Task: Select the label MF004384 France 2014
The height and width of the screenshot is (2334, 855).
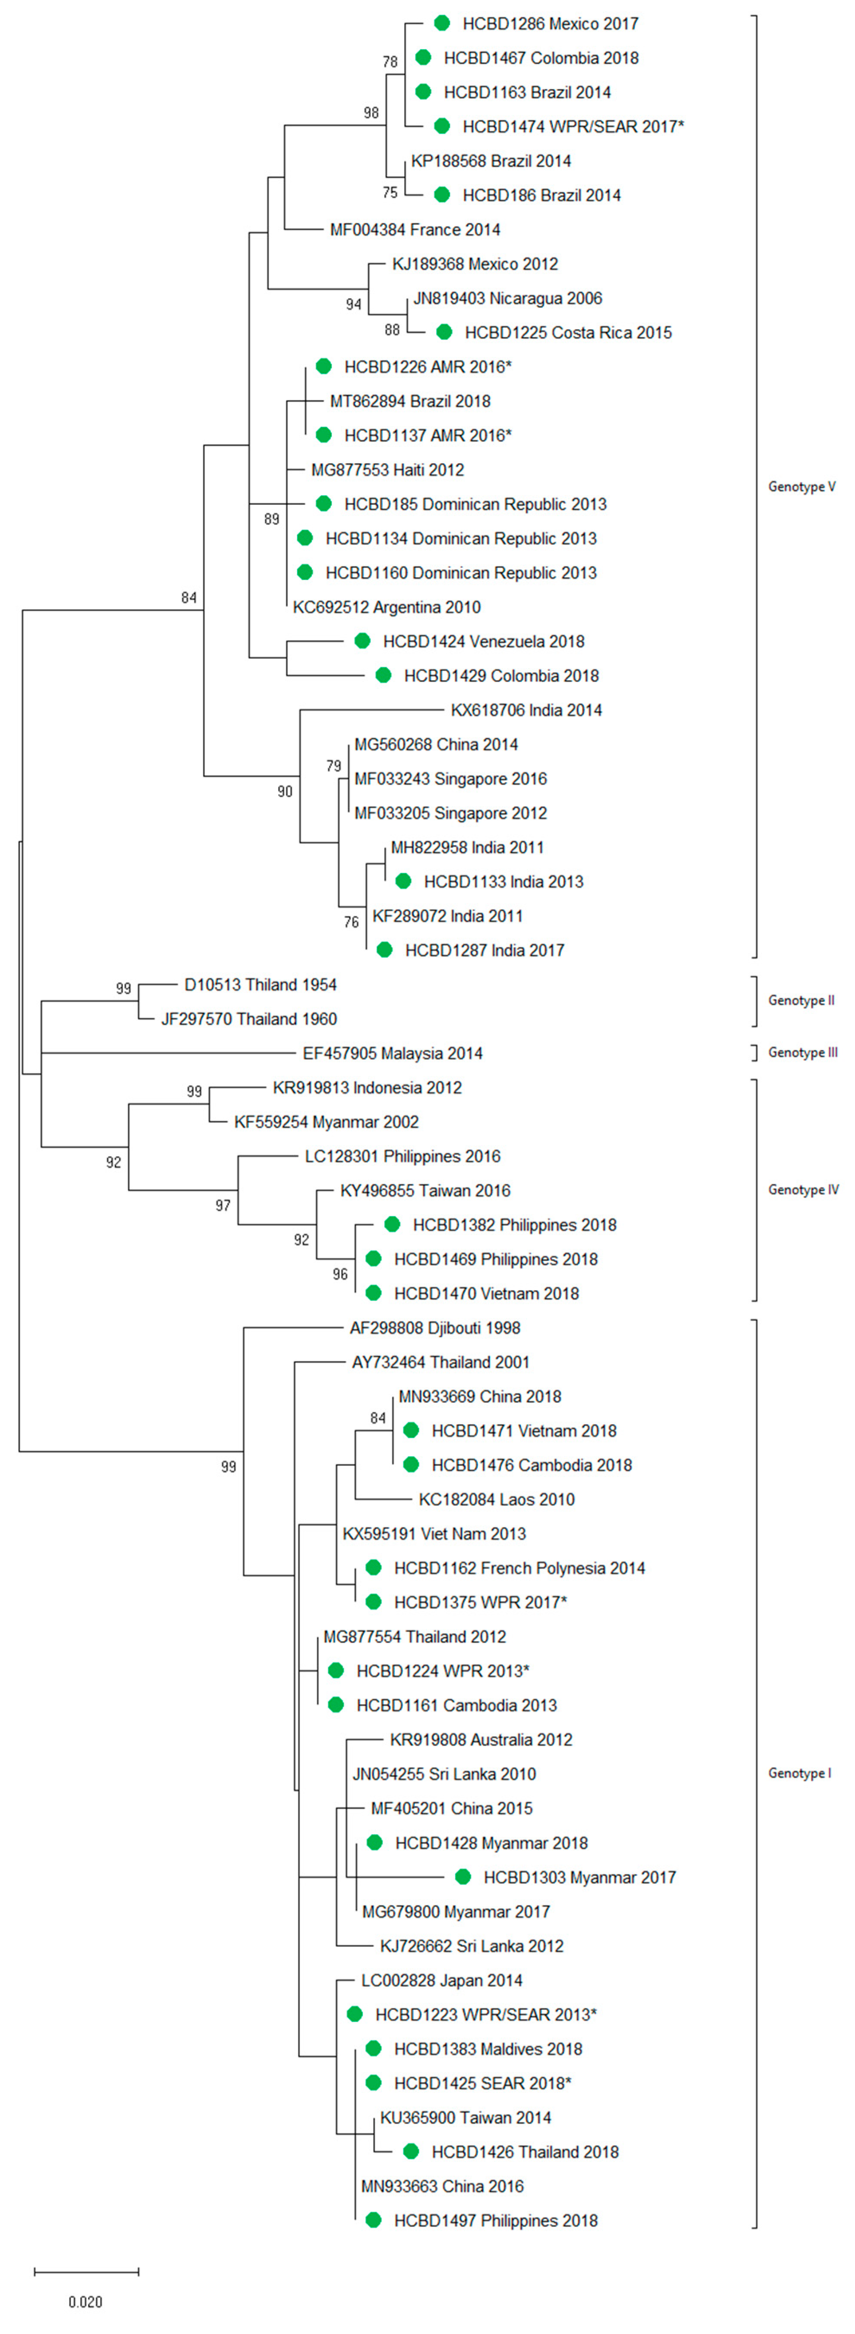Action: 415,230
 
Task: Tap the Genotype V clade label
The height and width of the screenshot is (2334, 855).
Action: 801,487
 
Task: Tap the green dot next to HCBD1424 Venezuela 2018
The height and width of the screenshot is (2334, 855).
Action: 362,641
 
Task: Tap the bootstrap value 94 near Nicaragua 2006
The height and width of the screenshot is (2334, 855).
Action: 353,305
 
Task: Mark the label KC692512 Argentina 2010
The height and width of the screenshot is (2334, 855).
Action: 387,607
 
